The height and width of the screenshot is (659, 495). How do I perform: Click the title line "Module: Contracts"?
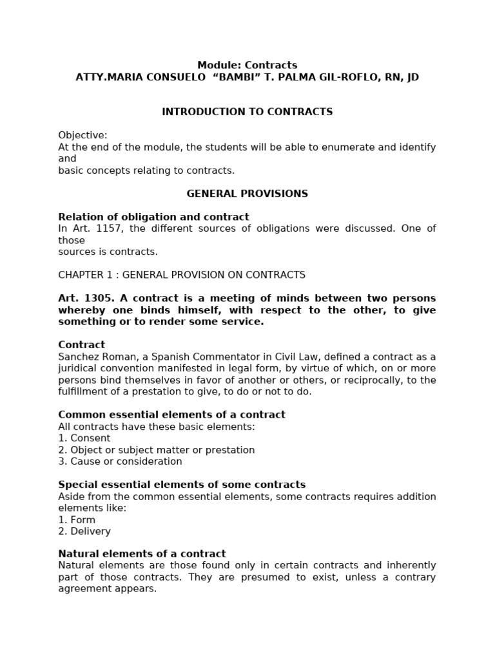point(247,65)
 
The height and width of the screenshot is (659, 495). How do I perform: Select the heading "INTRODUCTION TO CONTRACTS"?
point(247,112)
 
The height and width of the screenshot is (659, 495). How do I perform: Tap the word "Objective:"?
point(82,135)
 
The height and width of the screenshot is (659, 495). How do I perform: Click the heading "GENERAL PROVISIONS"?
point(247,194)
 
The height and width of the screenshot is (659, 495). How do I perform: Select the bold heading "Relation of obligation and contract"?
point(153,217)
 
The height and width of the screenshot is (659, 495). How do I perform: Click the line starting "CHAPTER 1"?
point(182,275)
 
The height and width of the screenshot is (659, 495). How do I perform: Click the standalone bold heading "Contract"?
point(81,345)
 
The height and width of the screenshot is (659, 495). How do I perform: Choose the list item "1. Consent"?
point(84,438)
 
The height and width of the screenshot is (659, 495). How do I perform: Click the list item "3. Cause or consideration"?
point(120,461)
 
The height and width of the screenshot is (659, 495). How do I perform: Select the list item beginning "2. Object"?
point(156,450)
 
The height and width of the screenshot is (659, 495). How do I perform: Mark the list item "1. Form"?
point(77,519)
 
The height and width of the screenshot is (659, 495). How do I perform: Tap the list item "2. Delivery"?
point(84,531)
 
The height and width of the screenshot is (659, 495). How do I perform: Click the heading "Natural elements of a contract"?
point(142,554)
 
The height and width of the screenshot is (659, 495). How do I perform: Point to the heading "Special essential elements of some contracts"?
point(182,485)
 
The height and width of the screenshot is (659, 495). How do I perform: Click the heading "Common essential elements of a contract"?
point(171,415)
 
